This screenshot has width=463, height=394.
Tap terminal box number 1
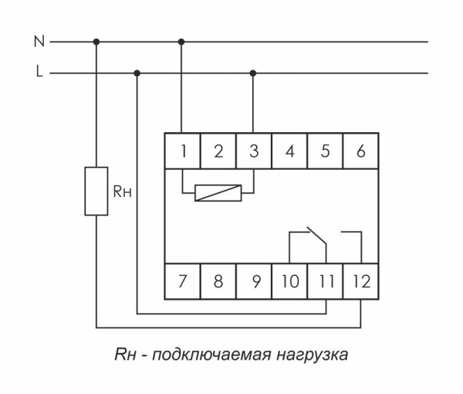[182, 151]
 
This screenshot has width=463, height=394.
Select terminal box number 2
[218, 151]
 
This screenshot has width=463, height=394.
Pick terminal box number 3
[254, 151]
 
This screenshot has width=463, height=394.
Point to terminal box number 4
[289, 151]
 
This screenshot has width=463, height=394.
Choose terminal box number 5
[325, 151]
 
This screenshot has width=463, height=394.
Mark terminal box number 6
[360, 151]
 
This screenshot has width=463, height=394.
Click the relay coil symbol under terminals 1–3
[218, 192]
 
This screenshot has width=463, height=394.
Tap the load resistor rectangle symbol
[96, 190]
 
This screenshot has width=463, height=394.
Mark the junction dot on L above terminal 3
[254, 73]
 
